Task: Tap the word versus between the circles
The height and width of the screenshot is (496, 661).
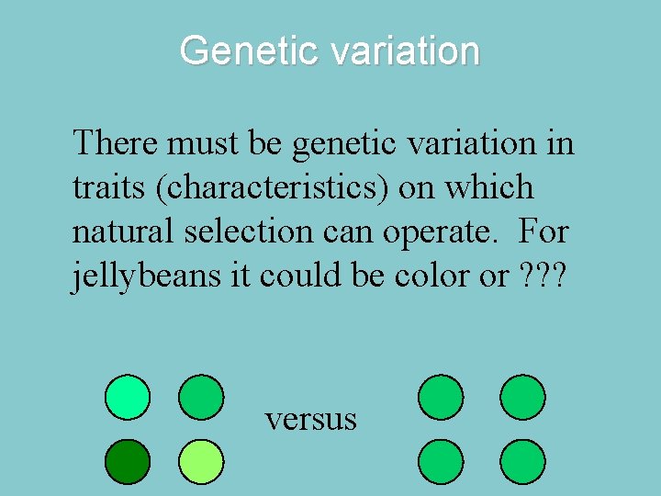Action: coord(310,419)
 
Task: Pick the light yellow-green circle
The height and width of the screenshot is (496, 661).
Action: coord(200,462)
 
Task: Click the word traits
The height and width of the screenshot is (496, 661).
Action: coord(109,187)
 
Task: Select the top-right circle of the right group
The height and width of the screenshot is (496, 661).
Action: coord(522,397)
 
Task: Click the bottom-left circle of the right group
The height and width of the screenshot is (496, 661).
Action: coord(441,462)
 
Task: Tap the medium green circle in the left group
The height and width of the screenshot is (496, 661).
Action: coord(200,397)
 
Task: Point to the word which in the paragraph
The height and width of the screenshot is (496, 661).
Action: coord(489,187)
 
